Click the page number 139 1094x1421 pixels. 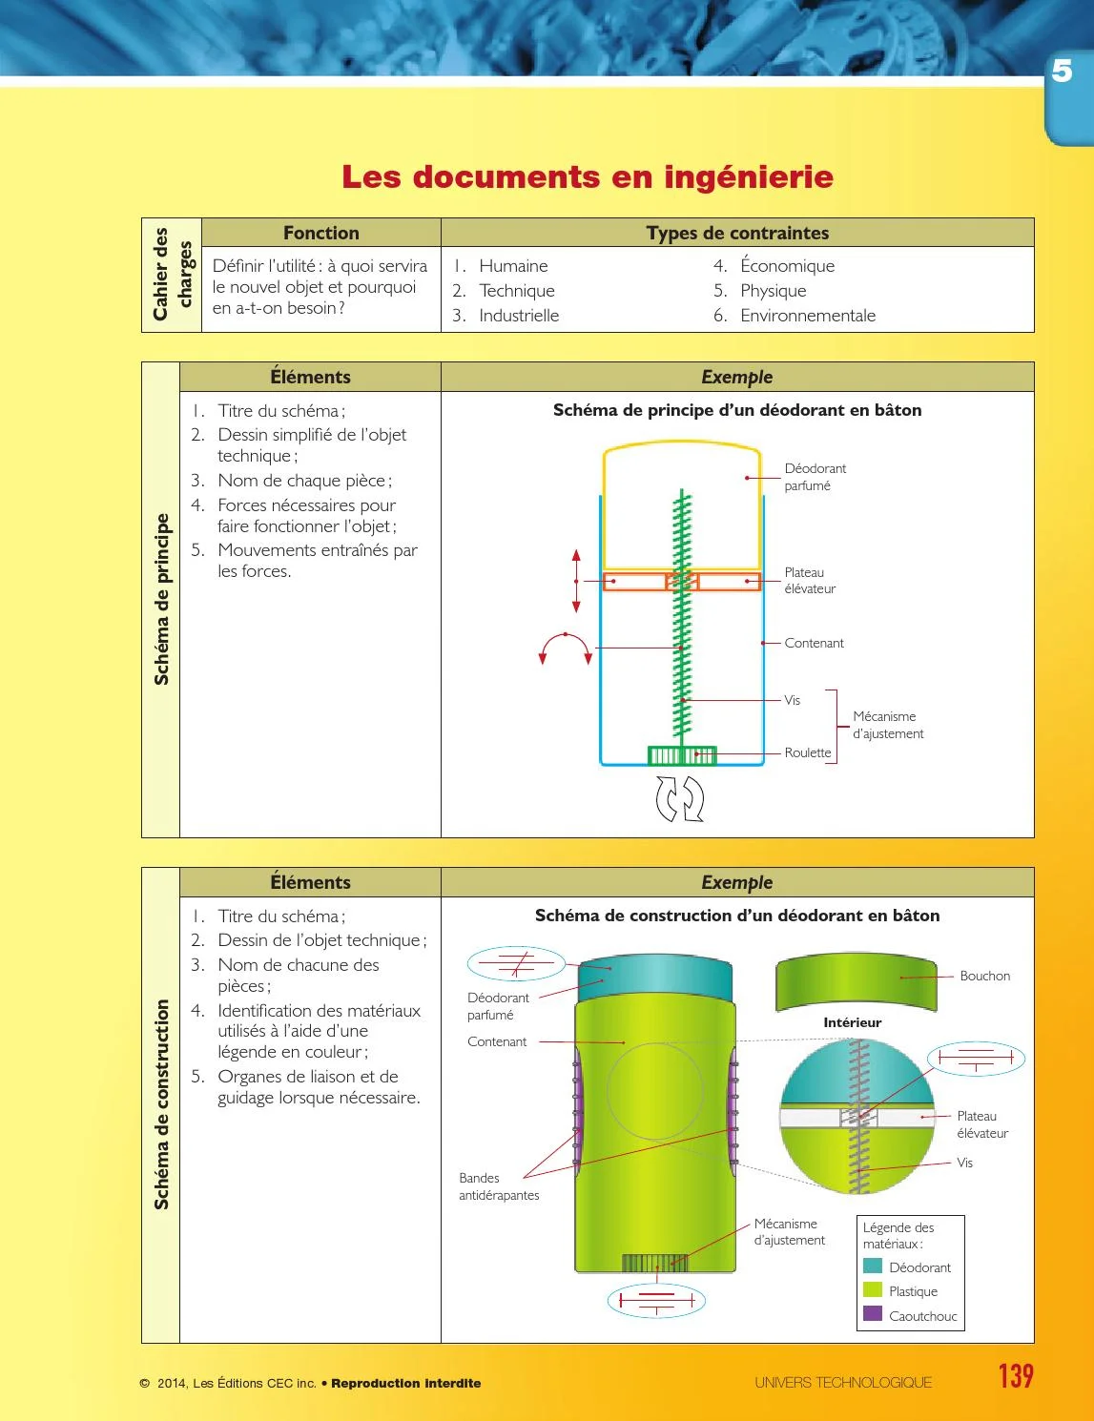[1016, 1376]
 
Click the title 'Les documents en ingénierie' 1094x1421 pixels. [588, 176]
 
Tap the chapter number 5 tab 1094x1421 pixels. [1063, 72]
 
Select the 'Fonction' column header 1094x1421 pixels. [321, 233]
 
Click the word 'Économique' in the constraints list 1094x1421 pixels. [787, 266]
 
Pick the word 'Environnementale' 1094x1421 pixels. [807, 316]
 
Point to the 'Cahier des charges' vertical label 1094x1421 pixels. [172, 275]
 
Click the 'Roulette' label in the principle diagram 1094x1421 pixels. [808, 752]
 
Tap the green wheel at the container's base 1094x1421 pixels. [682, 756]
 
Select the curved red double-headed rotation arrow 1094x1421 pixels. [566, 647]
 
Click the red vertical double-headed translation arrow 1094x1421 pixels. [576, 581]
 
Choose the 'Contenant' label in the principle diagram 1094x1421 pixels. [814, 643]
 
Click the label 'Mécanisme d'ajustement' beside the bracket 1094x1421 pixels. [888, 725]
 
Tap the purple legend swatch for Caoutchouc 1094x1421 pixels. [873, 1314]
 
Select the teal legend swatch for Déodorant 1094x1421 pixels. [873, 1267]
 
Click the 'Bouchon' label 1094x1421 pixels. [984, 976]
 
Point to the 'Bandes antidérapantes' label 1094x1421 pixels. [498, 1186]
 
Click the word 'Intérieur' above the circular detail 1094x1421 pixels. [852, 1022]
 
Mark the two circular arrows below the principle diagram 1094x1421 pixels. [680, 798]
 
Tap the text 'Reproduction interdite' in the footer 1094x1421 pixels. [406, 1383]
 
